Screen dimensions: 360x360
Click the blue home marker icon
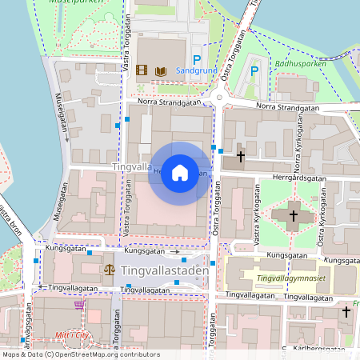(x=180, y=173)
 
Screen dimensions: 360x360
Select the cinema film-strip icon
(x=142, y=71)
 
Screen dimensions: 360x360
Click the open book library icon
(x=160, y=71)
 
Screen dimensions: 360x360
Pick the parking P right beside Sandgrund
(x=196, y=58)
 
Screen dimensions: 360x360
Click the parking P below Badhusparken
(x=255, y=71)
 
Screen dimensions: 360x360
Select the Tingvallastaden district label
(x=166, y=270)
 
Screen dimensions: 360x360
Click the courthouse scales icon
(x=109, y=270)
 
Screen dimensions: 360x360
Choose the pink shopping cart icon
(x=78, y=303)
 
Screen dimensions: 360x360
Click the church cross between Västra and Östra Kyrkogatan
(x=293, y=215)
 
